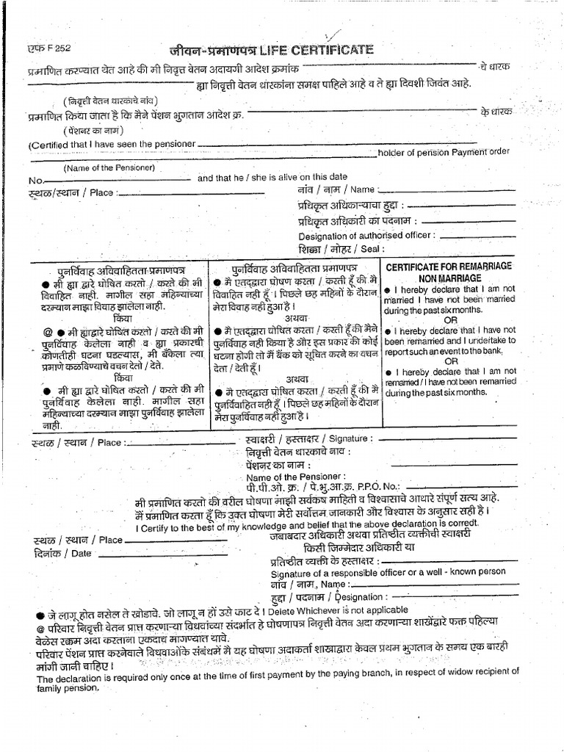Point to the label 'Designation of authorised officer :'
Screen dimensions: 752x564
coord(366,235)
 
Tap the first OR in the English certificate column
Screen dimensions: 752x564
coord(449,320)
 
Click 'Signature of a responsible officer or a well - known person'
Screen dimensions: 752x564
coord(388,574)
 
